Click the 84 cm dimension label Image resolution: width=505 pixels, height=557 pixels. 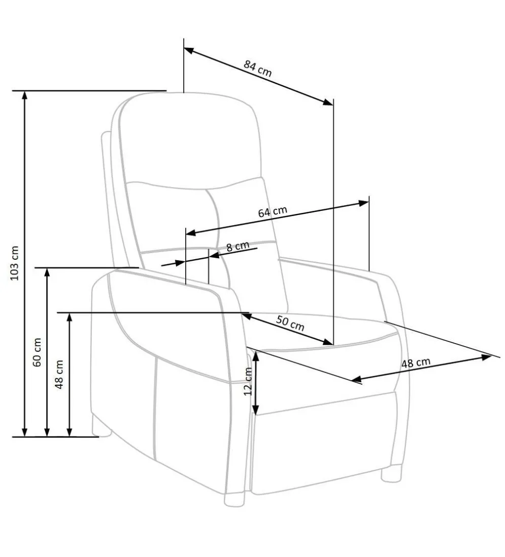[x=257, y=69]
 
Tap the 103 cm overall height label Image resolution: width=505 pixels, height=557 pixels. [x=14, y=263]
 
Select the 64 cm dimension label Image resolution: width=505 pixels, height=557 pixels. [x=273, y=212]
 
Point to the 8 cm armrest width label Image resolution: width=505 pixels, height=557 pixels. [x=238, y=246]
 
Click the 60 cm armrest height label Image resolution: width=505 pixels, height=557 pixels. [x=37, y=352]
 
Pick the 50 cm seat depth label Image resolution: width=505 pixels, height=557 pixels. [x=290, y=323]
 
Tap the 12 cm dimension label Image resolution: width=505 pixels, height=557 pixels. [x=248, y=381]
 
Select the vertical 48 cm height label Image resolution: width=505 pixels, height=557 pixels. [x=59, y=374]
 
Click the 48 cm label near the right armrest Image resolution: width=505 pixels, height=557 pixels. [x=416, y=363]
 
